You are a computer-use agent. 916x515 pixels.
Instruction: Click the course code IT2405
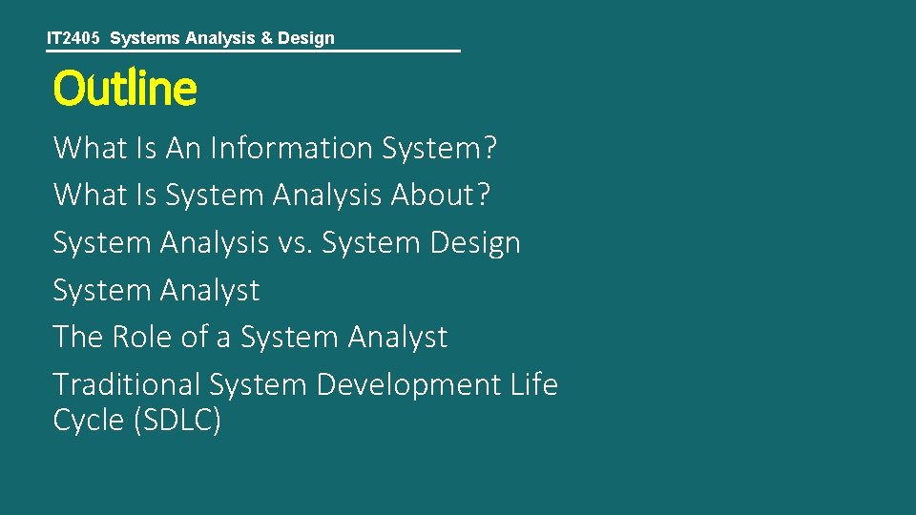point(73,38)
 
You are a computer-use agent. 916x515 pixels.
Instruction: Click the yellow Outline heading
point(125,89)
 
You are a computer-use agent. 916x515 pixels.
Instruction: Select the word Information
point(291,148)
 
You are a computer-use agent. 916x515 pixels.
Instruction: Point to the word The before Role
point(78,337)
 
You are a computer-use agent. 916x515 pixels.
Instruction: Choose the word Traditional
point(126,384)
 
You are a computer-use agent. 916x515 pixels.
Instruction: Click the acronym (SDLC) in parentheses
point(177,421)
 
